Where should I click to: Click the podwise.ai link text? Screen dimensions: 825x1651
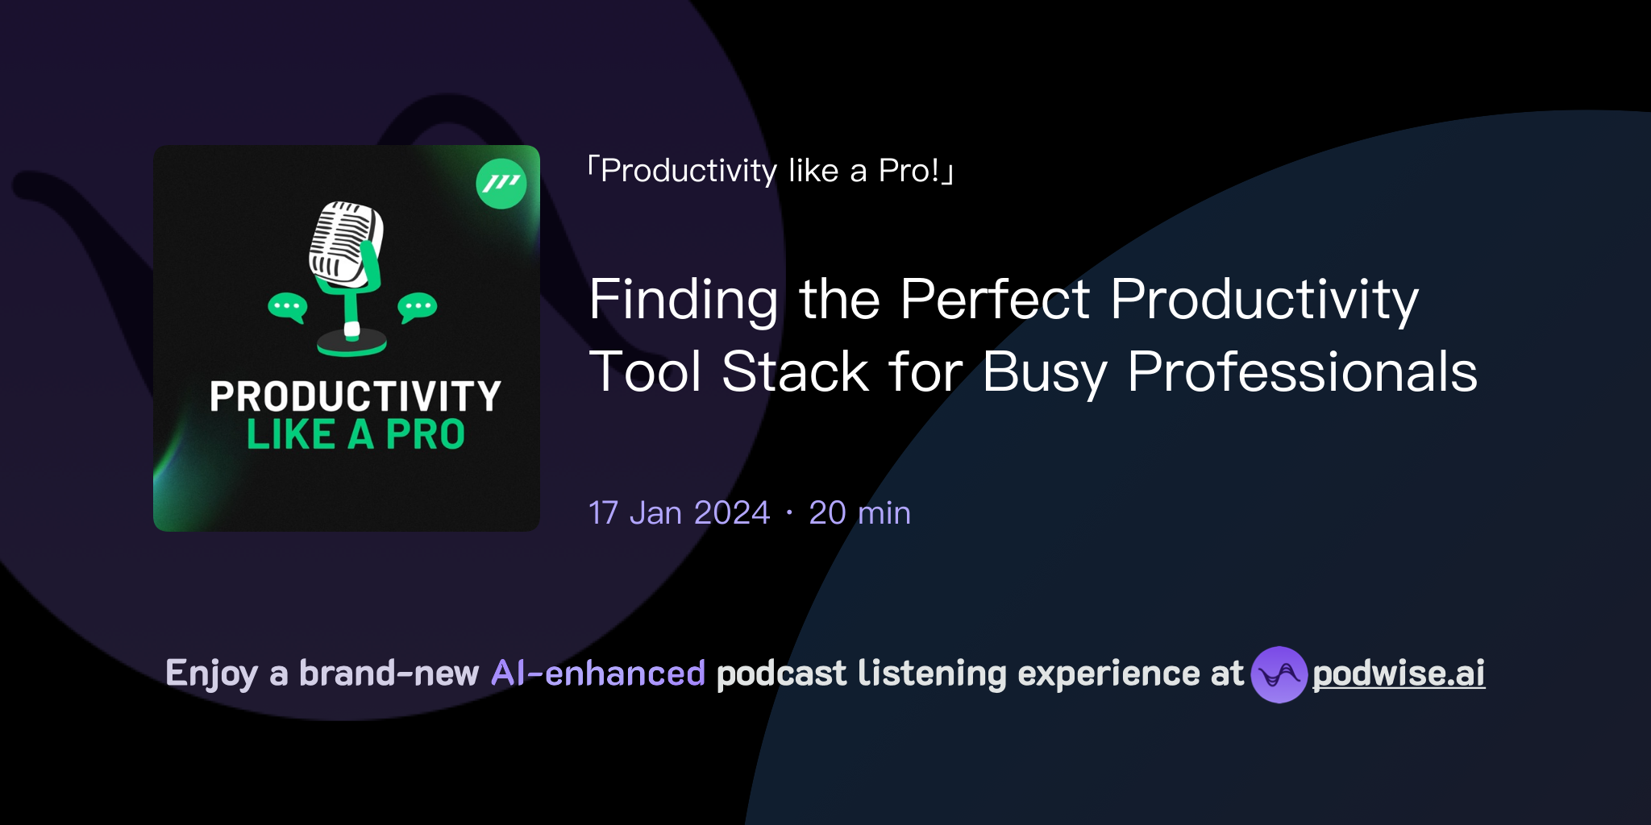pyautogui.click(x=1398, y=674)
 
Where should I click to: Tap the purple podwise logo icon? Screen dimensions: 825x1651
pyautogui.click(x=1279, y=674)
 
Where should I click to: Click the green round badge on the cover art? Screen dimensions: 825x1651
pyautogui.click(x=501, y=184)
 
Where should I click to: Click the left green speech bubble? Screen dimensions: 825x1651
pyautogui.click(x=287, y=307)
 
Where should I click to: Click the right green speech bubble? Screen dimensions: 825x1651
pyautogui.click(x=417, y=307)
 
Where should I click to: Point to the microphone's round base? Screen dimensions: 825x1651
pyautogui.click(x=351, y=345)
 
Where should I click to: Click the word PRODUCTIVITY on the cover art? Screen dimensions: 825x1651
pyautogui.click(x=356, y=396)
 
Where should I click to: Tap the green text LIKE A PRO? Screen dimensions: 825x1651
pyautogui.click(x=356, y=435)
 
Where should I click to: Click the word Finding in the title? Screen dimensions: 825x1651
pyautogui.click(x=683, y=300)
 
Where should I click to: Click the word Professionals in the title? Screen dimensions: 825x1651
pyautogui.click(x=1302, y=372)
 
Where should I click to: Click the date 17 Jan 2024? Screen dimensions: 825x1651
pyautogui.click(x=679, y=513)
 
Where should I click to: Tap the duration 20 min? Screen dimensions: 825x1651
pyautogui.click(x=859, y=513)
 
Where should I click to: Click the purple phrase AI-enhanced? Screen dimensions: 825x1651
pyautogui.click(x=598, y=674)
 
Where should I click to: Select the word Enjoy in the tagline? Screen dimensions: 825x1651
pyautogui.click(x=211, y=674)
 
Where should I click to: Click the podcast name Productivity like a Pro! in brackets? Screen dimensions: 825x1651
pyautogui.click(x=770, y=171)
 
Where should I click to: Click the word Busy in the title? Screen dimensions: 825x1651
pyautogui.click(x=1045, y=372)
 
